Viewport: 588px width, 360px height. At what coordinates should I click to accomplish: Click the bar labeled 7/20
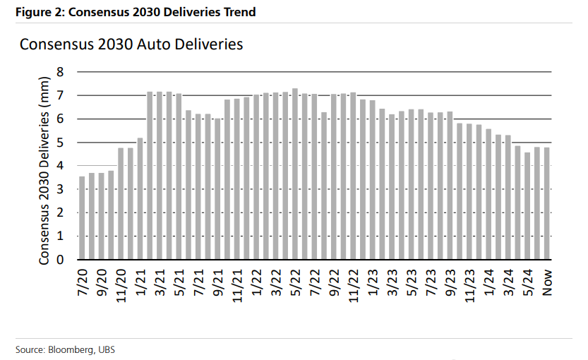coord(82,218)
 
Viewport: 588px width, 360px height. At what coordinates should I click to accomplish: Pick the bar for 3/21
coord(160,176)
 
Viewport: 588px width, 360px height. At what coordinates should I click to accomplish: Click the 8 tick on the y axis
coord(60,72)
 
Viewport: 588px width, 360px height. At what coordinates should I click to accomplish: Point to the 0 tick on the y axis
coord(60,260)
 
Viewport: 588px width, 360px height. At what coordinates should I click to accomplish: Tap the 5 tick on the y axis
coord(60,143)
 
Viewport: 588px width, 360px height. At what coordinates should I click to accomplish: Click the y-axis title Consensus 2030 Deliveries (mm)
coord(44,167)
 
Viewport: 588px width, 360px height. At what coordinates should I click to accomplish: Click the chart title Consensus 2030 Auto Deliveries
coord(131,44)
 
